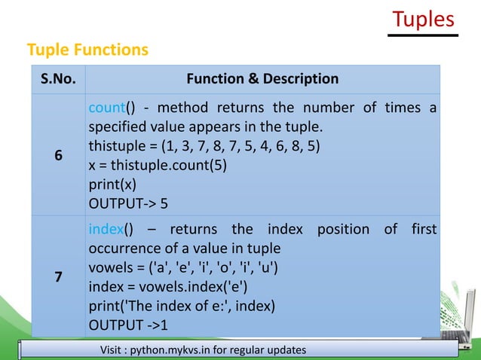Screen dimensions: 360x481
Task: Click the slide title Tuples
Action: click(x=424, y=18)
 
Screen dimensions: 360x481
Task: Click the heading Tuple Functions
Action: click(x=87, y=50)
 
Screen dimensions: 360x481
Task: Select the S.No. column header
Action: click(x=55, y=78)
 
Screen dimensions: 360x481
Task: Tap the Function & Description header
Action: click(x=262, y=78)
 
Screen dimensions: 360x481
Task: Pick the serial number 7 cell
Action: click(x=55, y=277)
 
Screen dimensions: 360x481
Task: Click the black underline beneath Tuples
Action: click(x=424, y=35)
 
